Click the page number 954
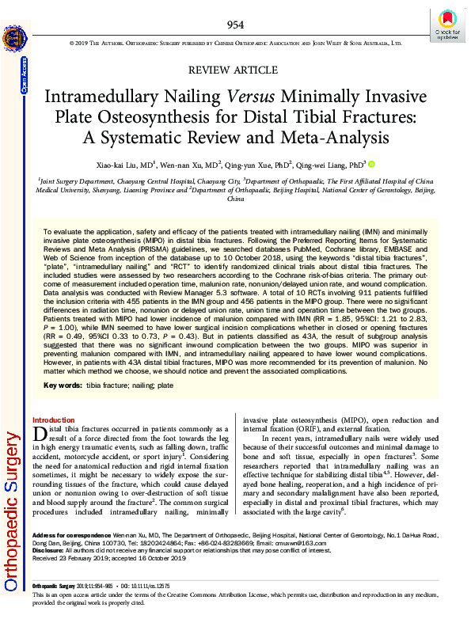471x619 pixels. click(x=235, y=25)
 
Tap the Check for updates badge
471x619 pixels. click(x=446, y=24)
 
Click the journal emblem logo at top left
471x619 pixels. click(x=15, y=40)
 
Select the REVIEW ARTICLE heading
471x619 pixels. click(x=235, y=70)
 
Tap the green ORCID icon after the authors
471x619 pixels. click(x=371, y=165)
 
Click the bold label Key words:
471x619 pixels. click(x=63, y=385)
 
